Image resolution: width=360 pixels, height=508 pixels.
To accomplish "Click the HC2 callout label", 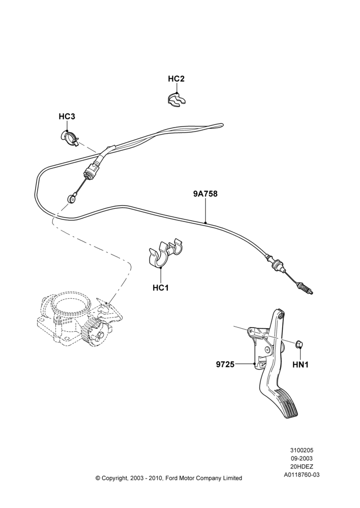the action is [x=176, y=79].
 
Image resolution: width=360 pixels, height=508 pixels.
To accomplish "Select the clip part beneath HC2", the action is [x=177, y=99].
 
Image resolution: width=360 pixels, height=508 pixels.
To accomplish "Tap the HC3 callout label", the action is [x=67, y=116].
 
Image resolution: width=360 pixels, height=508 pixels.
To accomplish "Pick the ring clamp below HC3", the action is [x=70, y=138].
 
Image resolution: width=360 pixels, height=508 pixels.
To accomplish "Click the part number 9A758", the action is [x=205, y=194].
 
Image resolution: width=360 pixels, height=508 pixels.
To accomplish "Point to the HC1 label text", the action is [x=161, y=288].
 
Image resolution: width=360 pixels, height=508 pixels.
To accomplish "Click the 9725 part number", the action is [x=225, y=364].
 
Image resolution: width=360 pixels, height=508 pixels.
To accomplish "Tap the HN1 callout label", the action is [x=301, y=365].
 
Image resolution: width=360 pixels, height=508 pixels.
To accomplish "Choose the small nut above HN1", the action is [x=298, y=344].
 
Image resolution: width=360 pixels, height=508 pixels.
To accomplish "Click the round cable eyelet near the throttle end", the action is [x=71, y=197].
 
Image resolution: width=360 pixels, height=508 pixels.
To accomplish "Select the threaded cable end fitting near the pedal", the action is [x=306, y=289].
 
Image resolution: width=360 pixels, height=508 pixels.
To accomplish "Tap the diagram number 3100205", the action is [x=302, y=450].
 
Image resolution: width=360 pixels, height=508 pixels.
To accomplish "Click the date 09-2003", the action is [x=302, y=458].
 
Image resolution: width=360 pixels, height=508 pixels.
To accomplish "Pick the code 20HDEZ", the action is [x=302, y=466].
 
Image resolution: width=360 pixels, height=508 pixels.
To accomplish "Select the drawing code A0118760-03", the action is [x=302, y=475].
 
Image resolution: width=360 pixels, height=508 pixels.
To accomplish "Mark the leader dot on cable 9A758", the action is [x=205, y=223].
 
